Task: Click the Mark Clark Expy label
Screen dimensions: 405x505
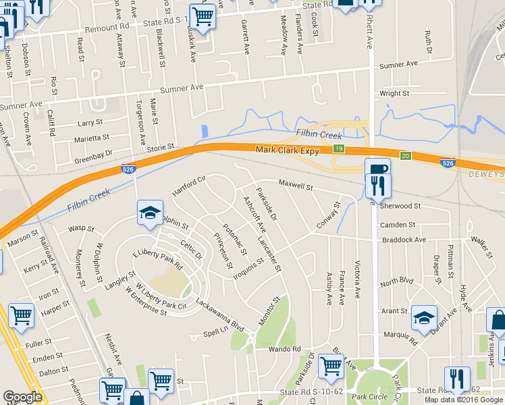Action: coord(287,151)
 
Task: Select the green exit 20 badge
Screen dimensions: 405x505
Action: coord(405,156)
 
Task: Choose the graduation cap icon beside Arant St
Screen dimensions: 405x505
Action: coord(424,317)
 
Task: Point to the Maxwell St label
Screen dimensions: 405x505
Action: coord(296,184)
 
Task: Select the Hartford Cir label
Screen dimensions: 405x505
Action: coord(188,186)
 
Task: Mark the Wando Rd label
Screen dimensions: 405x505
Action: coord(284,349)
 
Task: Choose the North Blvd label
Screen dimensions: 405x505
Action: coord(396,280)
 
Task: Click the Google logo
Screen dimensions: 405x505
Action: coord(22,397)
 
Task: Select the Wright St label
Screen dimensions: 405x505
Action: coord(395,93)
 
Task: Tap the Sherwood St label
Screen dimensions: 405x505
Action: coord(400,206)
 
